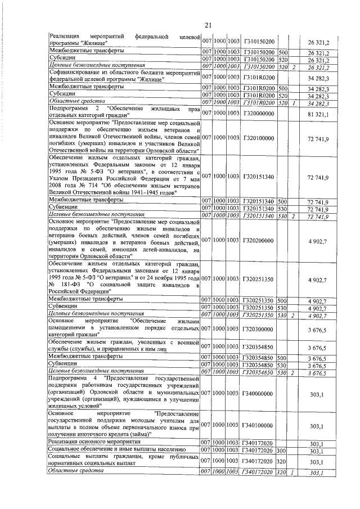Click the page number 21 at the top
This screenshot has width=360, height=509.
click(208, 25)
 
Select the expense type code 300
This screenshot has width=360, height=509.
click(282, 451)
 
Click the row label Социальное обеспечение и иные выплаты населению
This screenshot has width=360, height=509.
click(114, 451)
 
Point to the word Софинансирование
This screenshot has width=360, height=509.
click(77, 73)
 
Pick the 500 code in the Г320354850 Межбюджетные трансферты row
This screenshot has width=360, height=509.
click(282, 357)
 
